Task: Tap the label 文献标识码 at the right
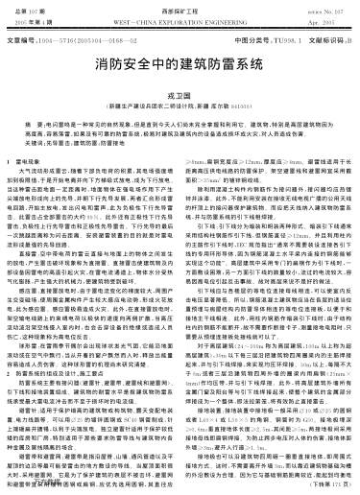[x=302, y=41]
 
